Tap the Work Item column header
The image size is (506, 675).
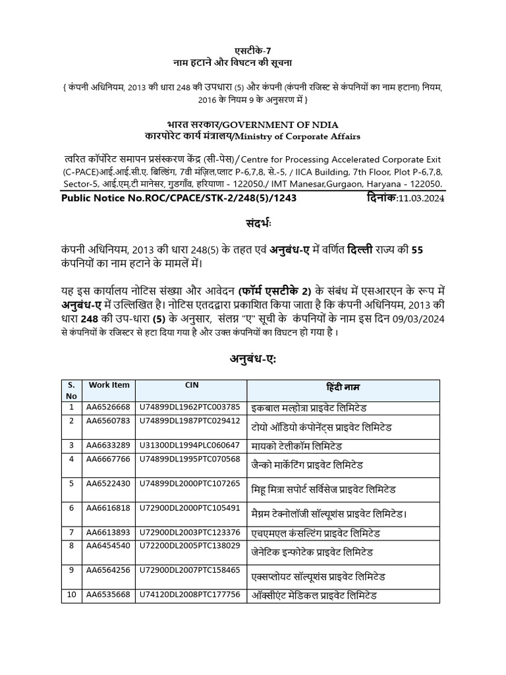coord(109,385)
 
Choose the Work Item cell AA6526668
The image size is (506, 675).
coord(109,407)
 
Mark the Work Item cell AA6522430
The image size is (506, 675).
coord(109,484)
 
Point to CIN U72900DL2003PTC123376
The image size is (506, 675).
coord(189,532)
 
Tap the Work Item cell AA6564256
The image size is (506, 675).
coord(109,571)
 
